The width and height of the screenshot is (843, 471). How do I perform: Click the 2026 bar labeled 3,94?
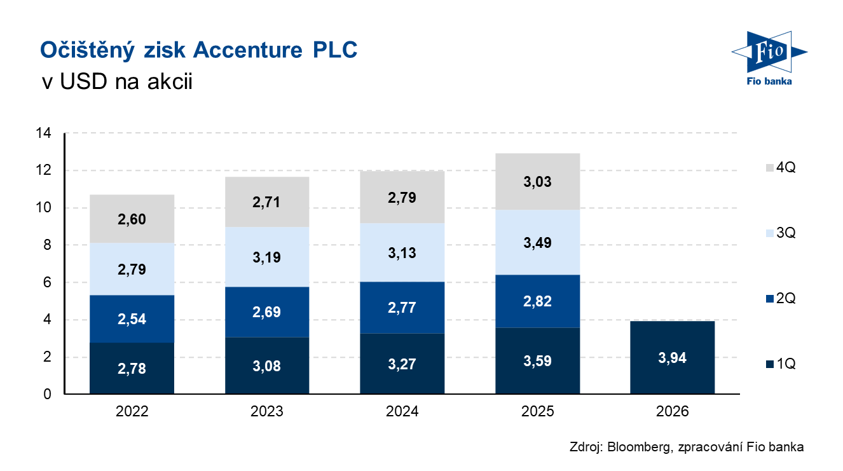[672, 358]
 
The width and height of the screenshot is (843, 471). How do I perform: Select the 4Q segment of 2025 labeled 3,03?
[537, 182]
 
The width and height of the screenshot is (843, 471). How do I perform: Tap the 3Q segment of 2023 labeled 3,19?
[267, 257]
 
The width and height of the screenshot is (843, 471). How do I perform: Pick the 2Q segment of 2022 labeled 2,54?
[132, 318]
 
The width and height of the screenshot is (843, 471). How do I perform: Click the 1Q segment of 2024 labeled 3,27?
[402, 364]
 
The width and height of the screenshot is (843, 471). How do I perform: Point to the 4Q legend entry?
[778, 168]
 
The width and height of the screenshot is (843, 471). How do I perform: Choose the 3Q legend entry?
[778, 233]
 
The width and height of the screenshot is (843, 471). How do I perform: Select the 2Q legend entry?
[778, 298]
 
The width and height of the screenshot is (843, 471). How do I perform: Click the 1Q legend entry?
[778, 364]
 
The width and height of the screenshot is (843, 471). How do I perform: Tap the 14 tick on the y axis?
[44, 133]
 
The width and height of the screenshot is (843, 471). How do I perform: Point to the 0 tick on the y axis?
[48, 395]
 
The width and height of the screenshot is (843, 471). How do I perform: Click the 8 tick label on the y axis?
[48, 245]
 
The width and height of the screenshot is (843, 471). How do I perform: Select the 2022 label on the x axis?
[132, 412]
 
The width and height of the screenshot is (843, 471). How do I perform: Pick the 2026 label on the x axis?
[672, 412]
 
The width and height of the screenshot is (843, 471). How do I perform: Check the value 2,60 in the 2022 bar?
[132, 219]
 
